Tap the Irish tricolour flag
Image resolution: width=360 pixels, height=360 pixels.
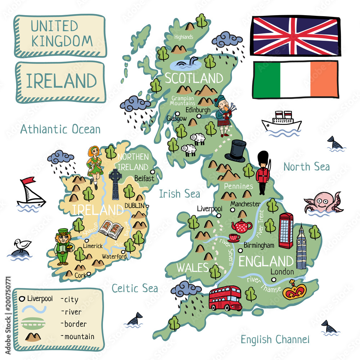click(296, 80)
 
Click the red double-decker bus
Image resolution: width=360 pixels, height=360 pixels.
click(225, 298)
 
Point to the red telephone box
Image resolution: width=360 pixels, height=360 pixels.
click(286, 230)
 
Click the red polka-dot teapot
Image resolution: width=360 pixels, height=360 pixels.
click(242, 226)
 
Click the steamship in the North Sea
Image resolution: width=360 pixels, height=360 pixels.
click(282, 121)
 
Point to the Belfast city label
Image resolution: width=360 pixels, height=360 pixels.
click(144, 178)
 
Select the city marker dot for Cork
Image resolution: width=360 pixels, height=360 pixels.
click(89, 274)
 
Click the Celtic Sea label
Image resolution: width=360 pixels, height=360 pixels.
click(135, 288)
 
